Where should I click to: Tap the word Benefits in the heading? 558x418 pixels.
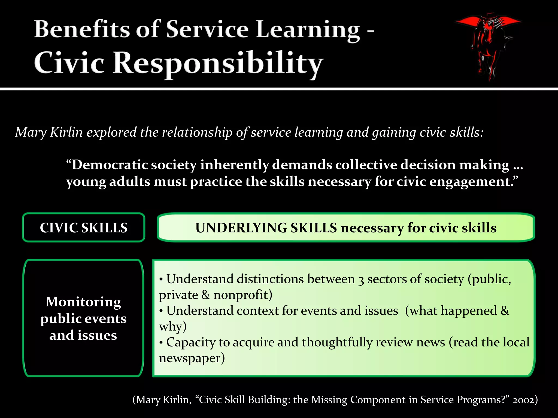coord(82,29)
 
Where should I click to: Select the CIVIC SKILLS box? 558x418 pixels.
coord(83,228)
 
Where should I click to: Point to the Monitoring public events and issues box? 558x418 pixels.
coord(83,318)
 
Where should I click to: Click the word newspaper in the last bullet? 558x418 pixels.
coord(190,358)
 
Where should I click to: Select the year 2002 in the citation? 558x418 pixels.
coord(523,400)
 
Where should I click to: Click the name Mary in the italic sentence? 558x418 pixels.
coord(31,133)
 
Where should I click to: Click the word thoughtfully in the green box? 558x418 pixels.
coord(337,342)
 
